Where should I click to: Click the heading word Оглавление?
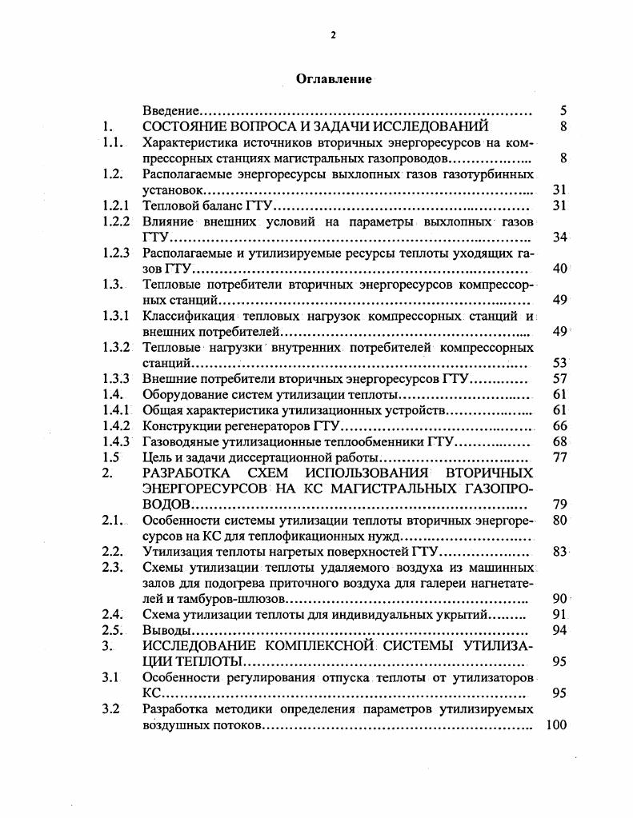[x=334, y=78]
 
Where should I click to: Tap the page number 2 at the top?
[x=334, y=34]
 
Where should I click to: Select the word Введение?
[x=170, y=110]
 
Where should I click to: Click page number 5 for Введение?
[x=563, y=110]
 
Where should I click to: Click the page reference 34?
[x=559, y=237]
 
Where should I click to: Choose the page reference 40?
[x=559, y=268]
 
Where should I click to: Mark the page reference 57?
[x=559, y=378]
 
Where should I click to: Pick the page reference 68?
[x=559, y=441]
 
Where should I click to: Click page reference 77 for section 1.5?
[x=559, y=457]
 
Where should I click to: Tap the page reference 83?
[x=559, y=552]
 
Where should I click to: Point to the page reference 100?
[x=555, y=724]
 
